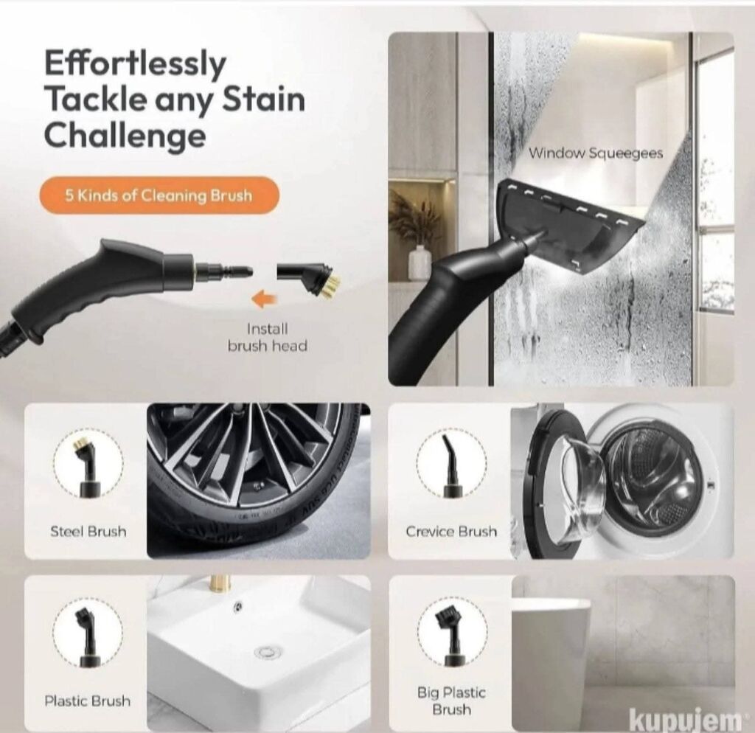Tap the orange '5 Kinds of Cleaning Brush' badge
[159, 195]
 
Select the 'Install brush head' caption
[267, 337]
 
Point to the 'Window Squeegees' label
[596, 153]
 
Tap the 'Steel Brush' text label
[88, 531]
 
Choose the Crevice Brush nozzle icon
[451, 465]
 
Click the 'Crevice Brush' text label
[451, 531]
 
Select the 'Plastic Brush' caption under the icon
[87, 701]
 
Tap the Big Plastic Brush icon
[450, 636]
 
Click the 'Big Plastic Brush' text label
[451, 701]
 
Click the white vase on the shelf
[420, 263]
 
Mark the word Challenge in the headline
[125, 136]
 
